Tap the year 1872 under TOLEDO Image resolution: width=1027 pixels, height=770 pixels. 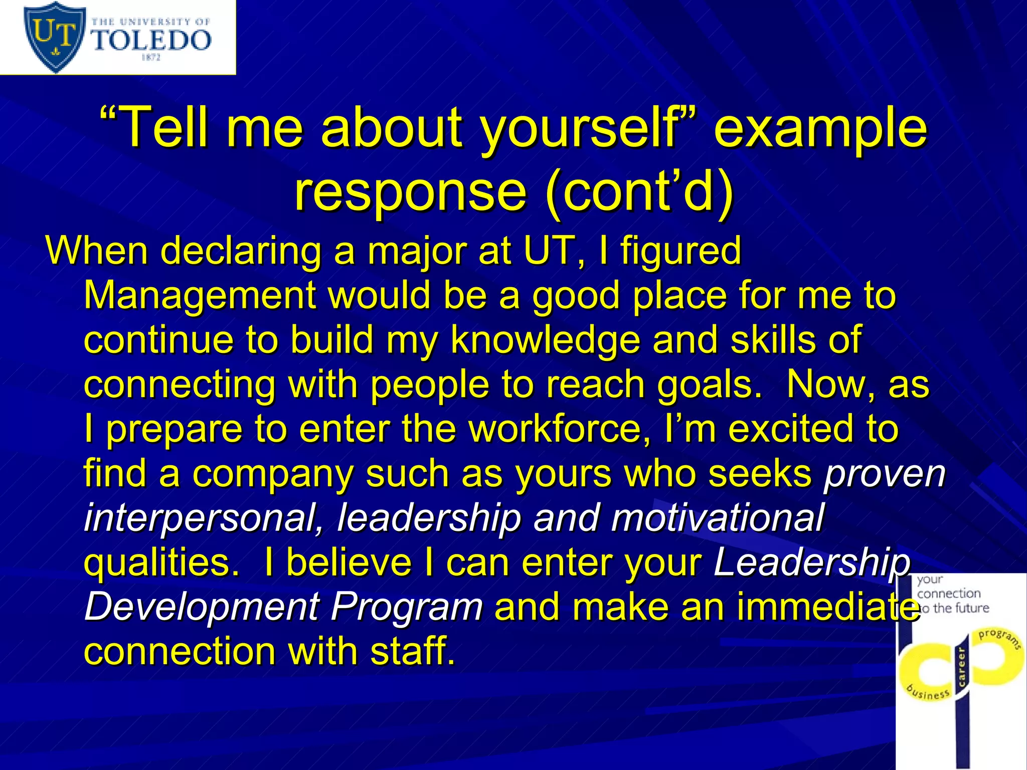point(151,58)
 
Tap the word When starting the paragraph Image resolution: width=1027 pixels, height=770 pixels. point(97,250)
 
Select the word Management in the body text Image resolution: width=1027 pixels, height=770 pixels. point(200,295)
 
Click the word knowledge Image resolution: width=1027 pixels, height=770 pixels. point(545,340)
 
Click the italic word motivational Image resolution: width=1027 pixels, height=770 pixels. point(717,518)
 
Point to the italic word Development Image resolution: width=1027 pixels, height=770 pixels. point(201,607)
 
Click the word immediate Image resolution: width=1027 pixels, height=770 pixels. point(825,607)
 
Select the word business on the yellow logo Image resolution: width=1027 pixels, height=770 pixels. point(928,691)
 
